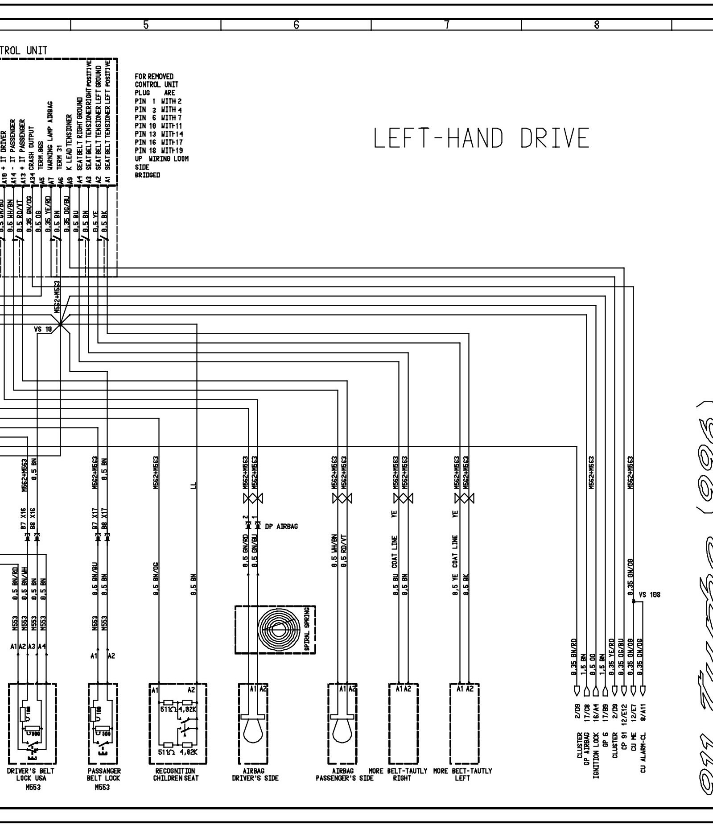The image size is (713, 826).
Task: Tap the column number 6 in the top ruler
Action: tap(296, 25)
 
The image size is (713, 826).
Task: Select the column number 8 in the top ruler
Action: tap(596, 25)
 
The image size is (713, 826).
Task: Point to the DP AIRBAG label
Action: tap(281, 527)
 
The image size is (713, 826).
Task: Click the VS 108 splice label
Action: tap(649, 595)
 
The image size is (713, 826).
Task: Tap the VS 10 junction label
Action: tap(43, 329)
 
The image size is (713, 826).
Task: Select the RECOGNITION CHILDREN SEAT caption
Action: tap(175, 774)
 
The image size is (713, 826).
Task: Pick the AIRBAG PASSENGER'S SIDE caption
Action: tap(344, 774)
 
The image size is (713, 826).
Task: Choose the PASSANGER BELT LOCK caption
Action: tap(104, 774)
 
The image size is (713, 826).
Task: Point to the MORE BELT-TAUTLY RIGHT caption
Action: tap(398, 774)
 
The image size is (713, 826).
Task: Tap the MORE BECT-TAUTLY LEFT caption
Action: tap(463, 774)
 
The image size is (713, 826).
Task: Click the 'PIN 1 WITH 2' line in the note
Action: tap(158, 101)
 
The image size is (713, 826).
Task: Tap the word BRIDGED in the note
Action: tap(147, 175)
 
